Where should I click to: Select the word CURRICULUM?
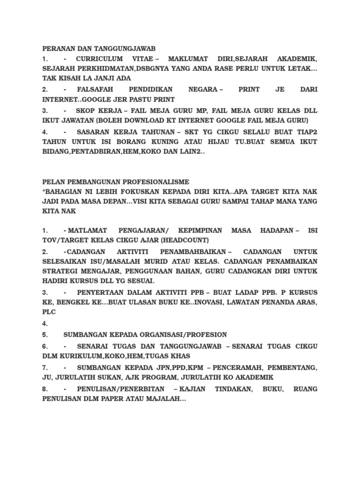click(99, 59)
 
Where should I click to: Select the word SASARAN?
click(96, 132)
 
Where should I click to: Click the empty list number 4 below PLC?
click(45, 323)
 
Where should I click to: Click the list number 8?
click(45, 389)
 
